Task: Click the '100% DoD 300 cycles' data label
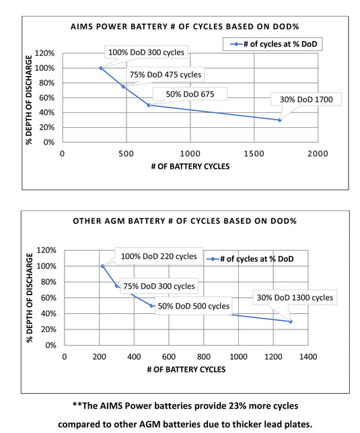(145, 52)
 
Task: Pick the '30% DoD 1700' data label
(306, 100)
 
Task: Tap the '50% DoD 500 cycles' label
(193, 306)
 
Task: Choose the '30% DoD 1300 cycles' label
(293, 297)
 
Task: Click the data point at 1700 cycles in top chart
(279, 120)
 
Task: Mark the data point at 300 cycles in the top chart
(101, 68)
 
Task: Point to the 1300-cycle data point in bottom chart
(291, 321)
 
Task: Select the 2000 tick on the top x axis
(317, 153)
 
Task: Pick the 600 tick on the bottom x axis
(168, 357)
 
